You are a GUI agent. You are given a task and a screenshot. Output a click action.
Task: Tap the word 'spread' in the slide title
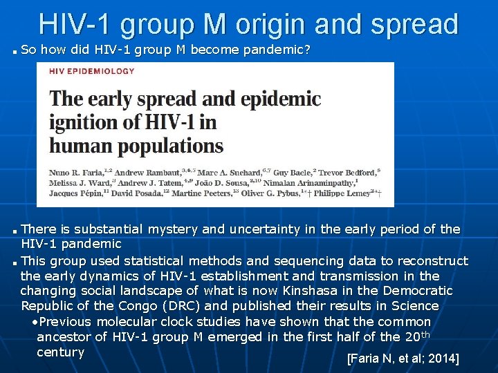(414, 24)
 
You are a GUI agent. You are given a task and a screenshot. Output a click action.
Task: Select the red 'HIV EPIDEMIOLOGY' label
(91, 70)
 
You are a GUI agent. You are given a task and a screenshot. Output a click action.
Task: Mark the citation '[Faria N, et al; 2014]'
(403, 359)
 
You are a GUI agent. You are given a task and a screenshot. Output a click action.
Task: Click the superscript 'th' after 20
(425, 334)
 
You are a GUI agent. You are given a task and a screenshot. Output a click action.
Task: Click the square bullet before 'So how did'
(15, 51)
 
